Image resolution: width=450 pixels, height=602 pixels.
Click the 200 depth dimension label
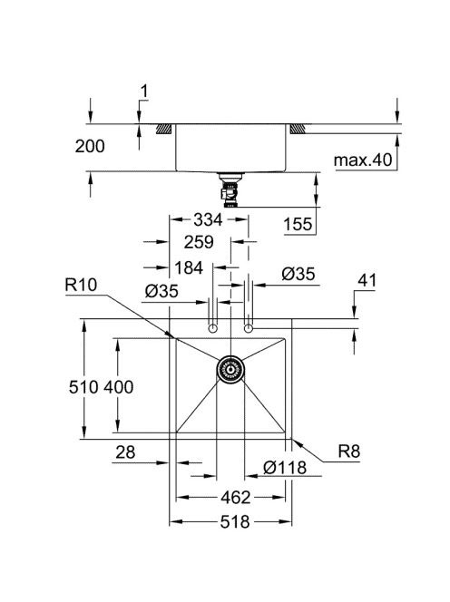(90, 146)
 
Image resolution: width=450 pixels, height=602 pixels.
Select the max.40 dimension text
(362, 160)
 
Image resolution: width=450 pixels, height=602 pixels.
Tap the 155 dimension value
(298, 224)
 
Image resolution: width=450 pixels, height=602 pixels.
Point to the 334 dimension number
(208, 220)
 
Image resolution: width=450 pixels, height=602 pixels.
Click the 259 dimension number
(199, 242)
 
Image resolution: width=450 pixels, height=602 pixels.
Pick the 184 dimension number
(189, 267)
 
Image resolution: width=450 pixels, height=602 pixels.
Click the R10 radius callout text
(81, 285)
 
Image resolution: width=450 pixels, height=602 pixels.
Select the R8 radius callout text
(349, 451)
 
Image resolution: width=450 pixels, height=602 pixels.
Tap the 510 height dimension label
(83, 387)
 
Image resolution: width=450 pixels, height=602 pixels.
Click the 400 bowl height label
(118, 387)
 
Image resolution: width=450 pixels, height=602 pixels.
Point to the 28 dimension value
(125, 452)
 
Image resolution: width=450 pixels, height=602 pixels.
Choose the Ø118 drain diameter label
(285, 467)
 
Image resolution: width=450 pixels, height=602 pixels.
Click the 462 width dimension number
(236, 498)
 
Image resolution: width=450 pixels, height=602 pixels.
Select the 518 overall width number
(235, 521)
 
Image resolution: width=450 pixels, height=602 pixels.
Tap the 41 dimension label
(367, 281)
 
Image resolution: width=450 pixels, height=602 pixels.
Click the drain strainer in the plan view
(230, 369)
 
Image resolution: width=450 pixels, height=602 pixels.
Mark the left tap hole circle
(212, 328)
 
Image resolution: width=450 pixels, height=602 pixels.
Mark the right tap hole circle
(249, 328)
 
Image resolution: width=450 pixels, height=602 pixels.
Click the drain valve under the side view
(230, 190)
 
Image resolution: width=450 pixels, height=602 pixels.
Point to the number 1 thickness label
(144, 92)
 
